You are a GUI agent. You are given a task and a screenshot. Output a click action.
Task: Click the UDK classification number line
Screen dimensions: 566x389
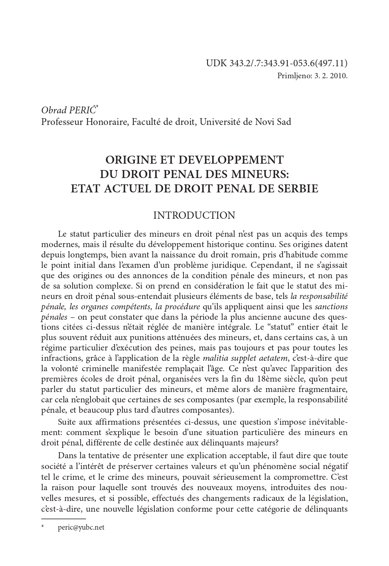(276, 63)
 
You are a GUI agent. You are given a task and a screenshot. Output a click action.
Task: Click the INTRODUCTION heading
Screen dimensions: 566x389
(194, 216)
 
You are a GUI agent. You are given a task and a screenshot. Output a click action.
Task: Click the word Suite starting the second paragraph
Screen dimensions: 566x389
(68, 422)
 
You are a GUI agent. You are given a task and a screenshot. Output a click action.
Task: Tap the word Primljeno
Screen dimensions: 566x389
(292, 75)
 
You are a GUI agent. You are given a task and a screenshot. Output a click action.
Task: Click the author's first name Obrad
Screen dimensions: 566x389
(53, 110)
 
